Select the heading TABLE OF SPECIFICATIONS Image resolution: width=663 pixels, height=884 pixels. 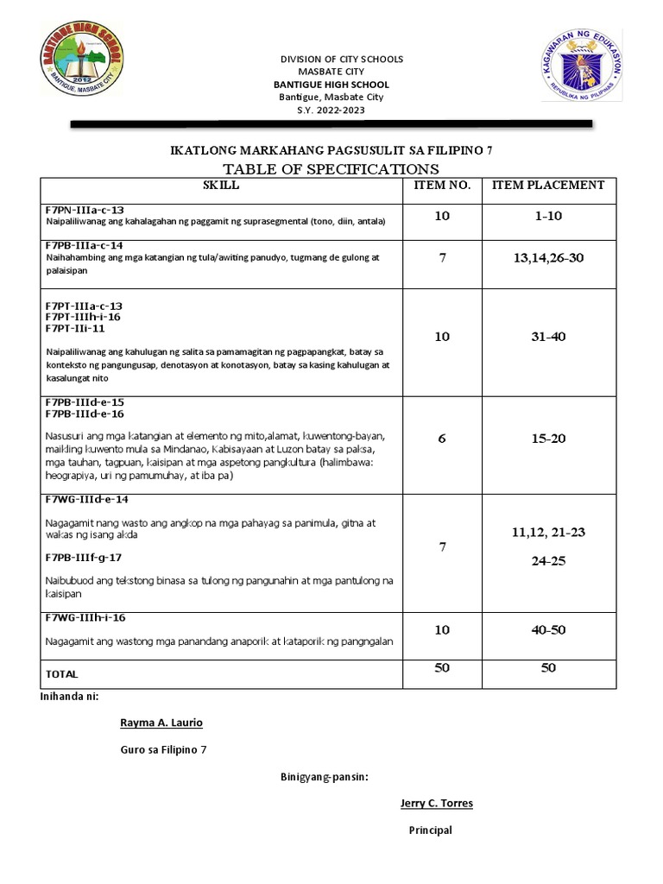[x=331, y=168]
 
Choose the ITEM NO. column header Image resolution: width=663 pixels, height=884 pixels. [x=442, y=185]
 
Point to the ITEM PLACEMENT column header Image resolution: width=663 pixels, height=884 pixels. [x=548, y=185]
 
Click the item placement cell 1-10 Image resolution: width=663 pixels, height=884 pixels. [x=547, y=216]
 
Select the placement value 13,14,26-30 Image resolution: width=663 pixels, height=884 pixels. [x=547, y=258]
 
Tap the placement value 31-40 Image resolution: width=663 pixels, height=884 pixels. [x=548, y=337]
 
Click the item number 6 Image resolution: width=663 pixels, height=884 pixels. [x=442, y=439]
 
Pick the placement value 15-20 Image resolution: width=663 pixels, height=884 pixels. [x=548, y=439]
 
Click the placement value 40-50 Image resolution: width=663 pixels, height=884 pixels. [x=548, y=630]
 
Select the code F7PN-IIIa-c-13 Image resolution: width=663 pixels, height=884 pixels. [x=85, y=210]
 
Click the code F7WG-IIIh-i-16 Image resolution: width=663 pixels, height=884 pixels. [x=86, y=617]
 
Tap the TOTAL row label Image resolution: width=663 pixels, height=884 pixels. [x=61, y=673]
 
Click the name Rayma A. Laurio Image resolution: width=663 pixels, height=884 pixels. [x=161, y=723]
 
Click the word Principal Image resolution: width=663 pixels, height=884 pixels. [x=430, y=830]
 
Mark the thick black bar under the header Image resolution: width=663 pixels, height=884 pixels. [x=331, y=125]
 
